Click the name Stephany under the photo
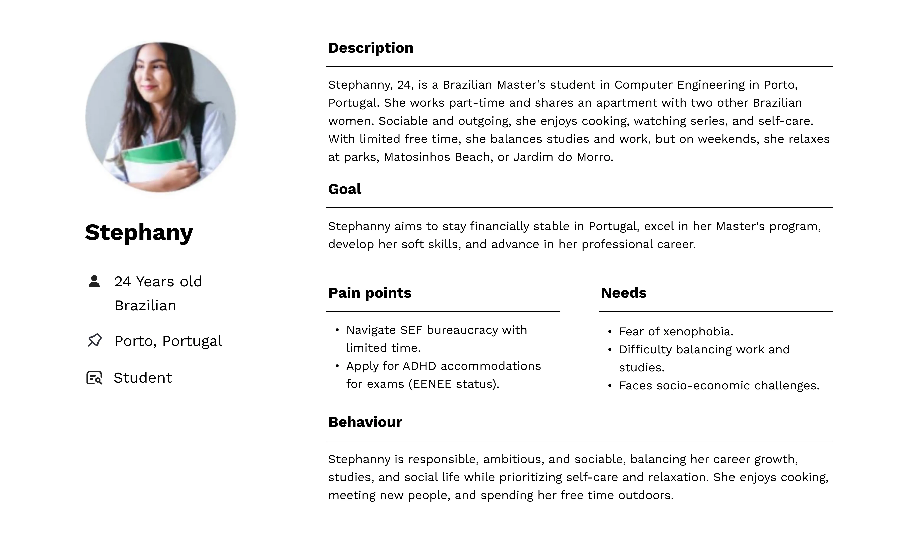pos(139,232)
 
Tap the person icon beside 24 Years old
pos(94,281)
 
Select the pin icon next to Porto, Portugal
pos(95,340)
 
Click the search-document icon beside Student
pos(94,378)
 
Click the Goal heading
pos(344,189)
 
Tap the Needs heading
pos(623,293)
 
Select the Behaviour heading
pos(365,422)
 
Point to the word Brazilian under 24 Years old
pos(145,306)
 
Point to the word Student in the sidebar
pos(143,378)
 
